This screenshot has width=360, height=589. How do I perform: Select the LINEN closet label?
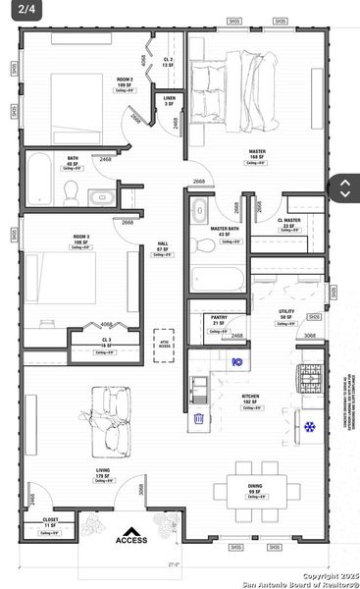(169, 100)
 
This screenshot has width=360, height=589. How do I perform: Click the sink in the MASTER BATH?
(200, 210)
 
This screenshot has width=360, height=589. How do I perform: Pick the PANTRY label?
(220, 319)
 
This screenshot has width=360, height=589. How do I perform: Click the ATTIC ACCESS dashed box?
(163, 346)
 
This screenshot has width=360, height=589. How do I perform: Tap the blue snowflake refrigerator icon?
(310, 427)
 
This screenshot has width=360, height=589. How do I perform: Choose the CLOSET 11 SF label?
(49, 522)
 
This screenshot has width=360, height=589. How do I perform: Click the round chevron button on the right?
(345, 188)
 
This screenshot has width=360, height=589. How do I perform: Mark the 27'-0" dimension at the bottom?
(174, 564)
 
